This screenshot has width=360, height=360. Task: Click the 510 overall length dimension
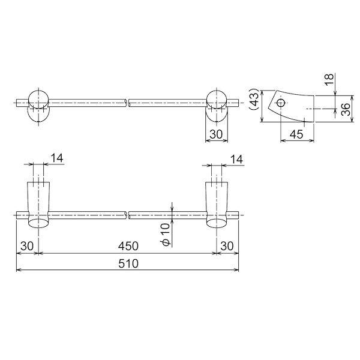coord(128,263)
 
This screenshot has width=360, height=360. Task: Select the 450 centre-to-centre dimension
coord(128,246)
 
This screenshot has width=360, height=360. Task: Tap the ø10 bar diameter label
coord(166,235)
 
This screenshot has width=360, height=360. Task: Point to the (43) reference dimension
coord(254,100)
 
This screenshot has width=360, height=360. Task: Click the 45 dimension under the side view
coord(296,134)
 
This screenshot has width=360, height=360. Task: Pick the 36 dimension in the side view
coord(346,109)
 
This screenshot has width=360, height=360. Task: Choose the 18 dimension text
coord(329,79)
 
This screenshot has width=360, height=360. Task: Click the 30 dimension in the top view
coord(216,134)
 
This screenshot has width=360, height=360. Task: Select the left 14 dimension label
coord(57,158)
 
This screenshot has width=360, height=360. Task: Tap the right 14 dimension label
coord(236,160)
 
